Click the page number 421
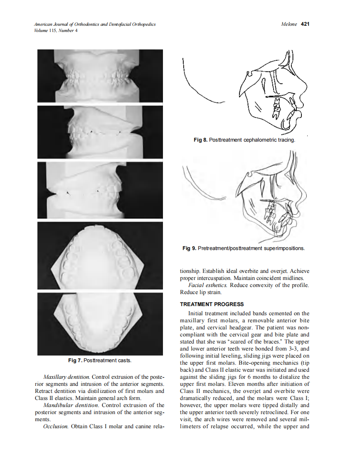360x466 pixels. pyautogui.click(x=305, y=24)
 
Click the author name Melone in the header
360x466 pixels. pyautogui.click(x=289, y=24)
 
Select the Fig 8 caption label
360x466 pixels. pyautogui.click(x=200, y=140)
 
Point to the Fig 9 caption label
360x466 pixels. pyautogui.click(x=189, y=248)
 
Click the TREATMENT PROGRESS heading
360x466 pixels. pyautogui.click(x=212, y=304)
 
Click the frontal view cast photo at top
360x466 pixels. pyautogui.click(x=100, y=76)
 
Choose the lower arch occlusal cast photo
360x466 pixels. pyautogui.click(x=100, y=324)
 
